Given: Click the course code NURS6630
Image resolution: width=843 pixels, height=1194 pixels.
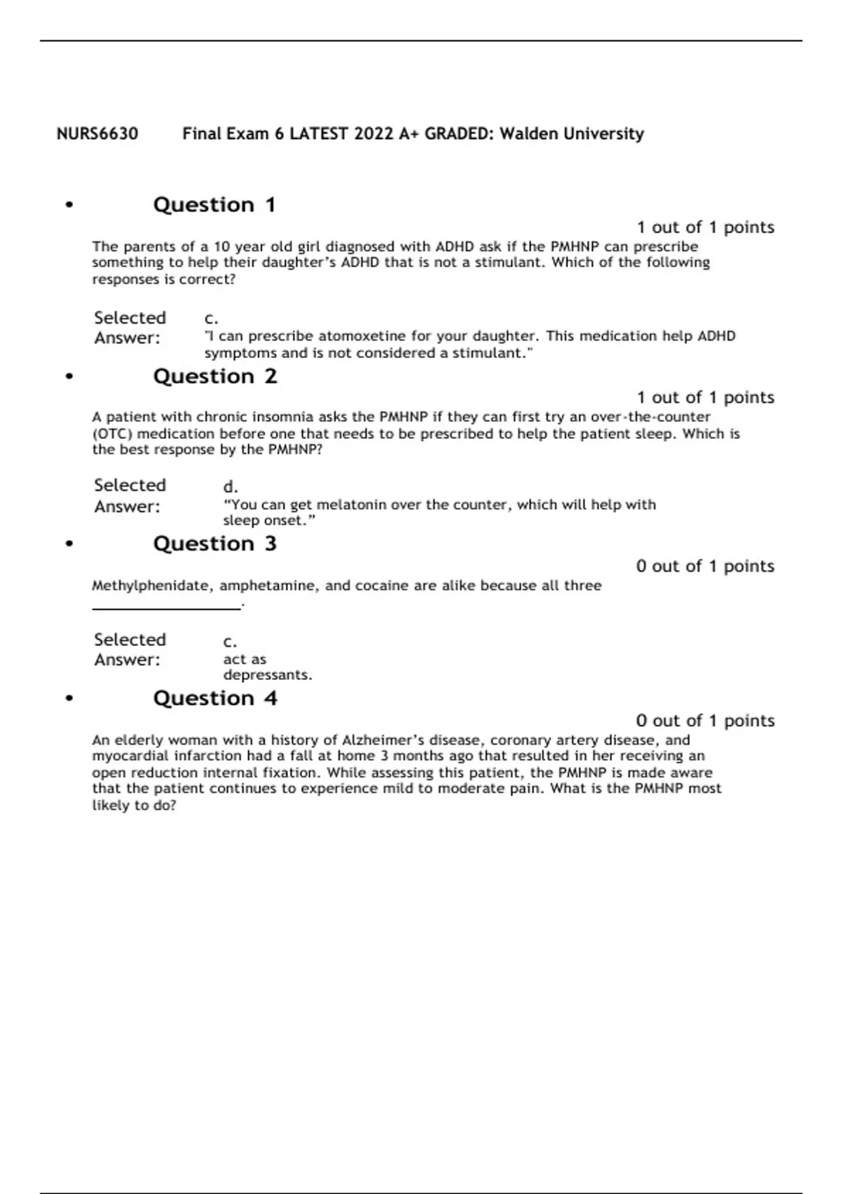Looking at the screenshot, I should [x=97, y=133].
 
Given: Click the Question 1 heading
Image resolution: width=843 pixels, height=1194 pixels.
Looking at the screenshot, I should [x=214, y=205].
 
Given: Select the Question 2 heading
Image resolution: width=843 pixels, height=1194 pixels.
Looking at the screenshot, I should [x=215, y=376].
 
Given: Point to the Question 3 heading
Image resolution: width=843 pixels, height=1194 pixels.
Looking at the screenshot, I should [x=215, y=544].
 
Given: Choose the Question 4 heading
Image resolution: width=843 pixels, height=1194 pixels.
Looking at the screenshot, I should [x=215, y=698].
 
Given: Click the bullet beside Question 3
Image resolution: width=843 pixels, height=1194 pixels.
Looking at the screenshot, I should [x=69, y=544].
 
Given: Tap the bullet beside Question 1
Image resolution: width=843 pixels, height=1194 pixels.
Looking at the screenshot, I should [x=69, y=205].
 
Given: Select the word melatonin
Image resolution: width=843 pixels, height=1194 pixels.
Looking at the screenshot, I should [x=351, y=504].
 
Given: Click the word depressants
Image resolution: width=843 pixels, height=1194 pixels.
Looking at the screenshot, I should [x=267, y=675].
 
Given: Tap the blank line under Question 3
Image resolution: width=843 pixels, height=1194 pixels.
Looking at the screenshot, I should [x=166, y=608].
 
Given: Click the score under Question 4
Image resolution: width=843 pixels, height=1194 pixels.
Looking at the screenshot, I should [x=705, y=721].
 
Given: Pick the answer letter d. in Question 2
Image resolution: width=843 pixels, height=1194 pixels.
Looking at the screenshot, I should [x=230, y=487].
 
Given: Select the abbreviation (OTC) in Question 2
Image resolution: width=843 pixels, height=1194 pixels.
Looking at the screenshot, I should [x=112, y=433].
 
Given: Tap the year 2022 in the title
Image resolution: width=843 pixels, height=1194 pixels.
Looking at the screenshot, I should [x=374, y=133].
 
